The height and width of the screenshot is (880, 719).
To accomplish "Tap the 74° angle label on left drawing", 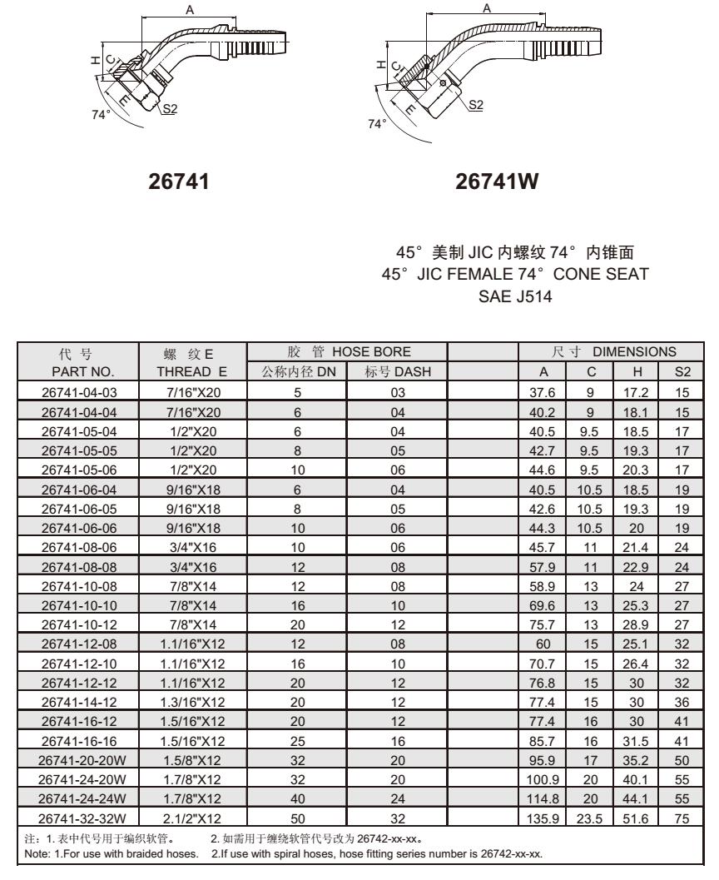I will [x=100, y=114].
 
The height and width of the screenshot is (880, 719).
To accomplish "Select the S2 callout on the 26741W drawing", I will [x=476, y=104].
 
